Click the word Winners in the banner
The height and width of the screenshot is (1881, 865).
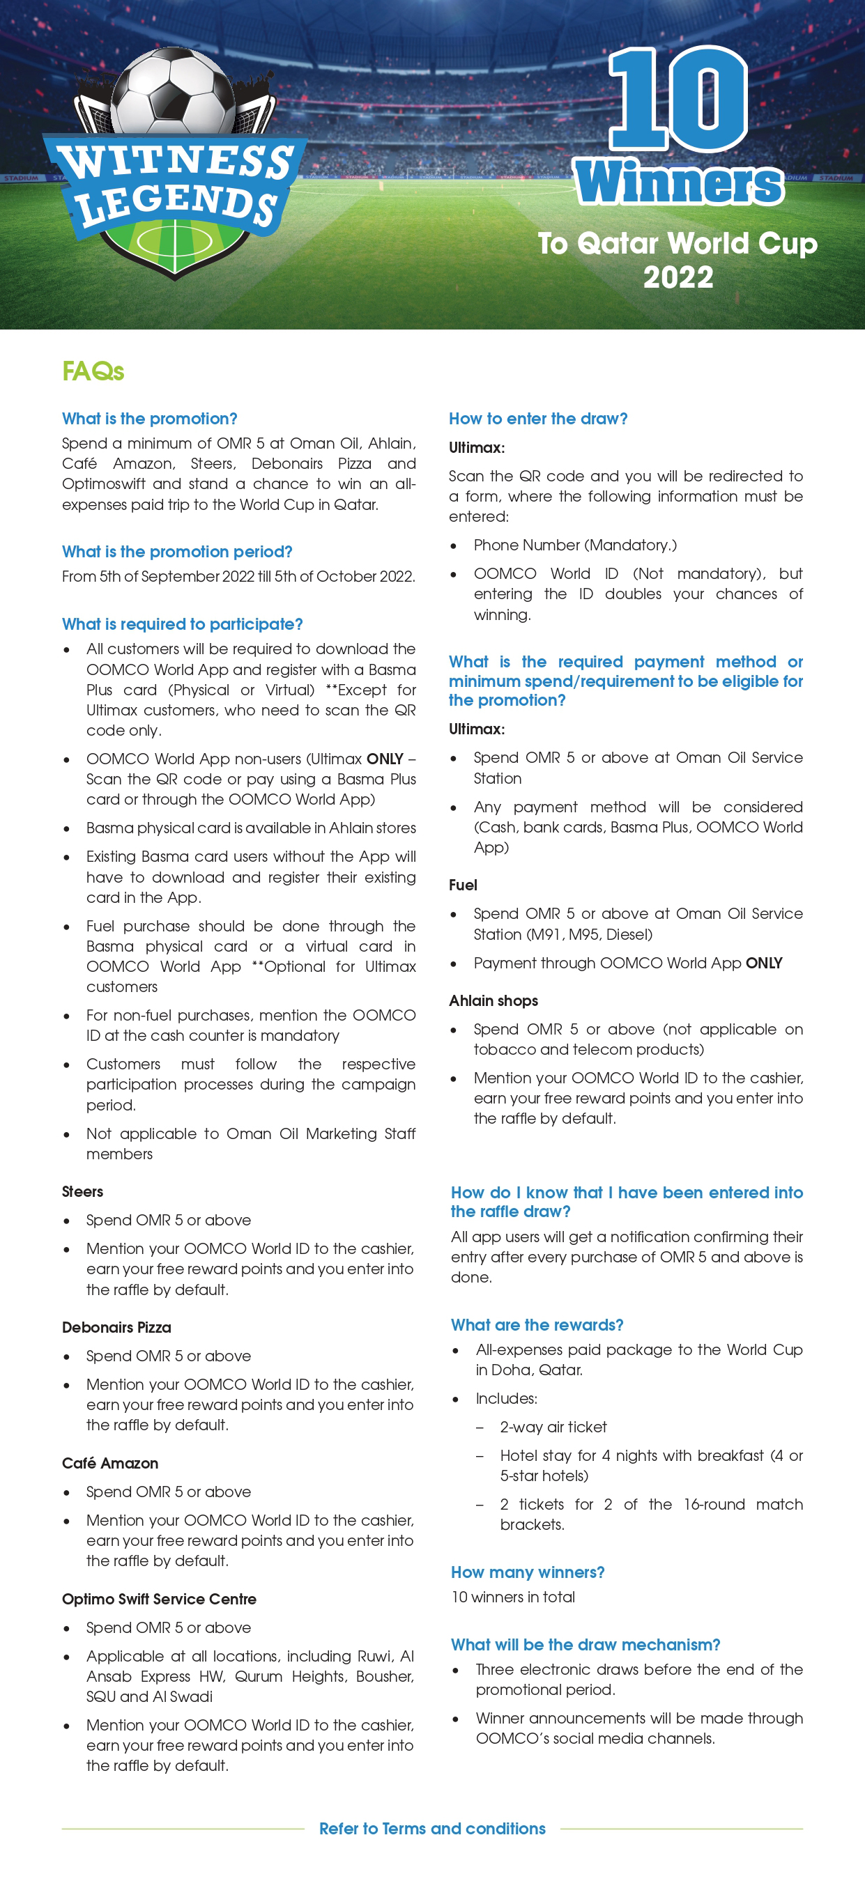tap(680, 183)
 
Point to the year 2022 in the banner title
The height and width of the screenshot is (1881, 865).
tap(678, 277)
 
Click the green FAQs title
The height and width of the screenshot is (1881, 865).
tap(93, 372)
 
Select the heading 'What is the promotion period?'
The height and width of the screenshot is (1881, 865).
tap(177, 552)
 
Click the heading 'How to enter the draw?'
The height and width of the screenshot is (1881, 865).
tap(537, 419)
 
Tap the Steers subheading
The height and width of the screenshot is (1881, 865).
tap(82, 1192)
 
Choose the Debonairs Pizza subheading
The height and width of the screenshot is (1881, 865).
tap(116, 1328)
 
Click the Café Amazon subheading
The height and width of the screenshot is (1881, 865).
tap(109, 1463)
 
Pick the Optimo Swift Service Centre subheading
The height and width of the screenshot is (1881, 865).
tap(158, 1599)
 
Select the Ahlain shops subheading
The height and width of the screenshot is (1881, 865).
tap(493, 1001)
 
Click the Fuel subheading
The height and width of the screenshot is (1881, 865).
tap(462, 885)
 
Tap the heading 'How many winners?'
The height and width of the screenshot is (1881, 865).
tap(528, 1573)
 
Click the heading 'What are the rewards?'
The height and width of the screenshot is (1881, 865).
tap(537, 1325)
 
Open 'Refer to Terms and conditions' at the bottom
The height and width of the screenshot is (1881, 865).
tap(431, 1829)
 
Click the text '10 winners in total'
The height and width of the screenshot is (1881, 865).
tap(513, 1597)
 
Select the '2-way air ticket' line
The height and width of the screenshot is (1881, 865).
tap(553, 1427)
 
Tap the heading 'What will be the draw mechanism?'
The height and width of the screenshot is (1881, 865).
tap(585, 1645)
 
